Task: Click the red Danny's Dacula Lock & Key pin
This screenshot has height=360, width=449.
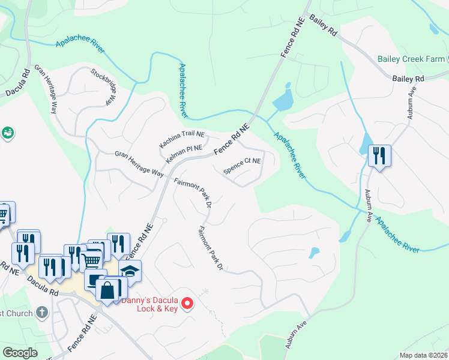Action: click(187, 304)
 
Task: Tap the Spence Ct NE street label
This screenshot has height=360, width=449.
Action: click(243, 166)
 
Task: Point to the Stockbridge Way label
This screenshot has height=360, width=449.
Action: click(103, 87)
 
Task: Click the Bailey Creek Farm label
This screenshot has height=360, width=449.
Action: click(411, 59)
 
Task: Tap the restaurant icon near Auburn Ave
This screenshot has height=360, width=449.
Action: click(379, 156)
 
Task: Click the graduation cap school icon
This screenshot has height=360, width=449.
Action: click(130, 271)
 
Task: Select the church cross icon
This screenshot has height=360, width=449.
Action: click(41, 312)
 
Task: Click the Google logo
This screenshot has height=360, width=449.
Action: click(20, 353)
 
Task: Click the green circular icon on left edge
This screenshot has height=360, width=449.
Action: click(8, 132)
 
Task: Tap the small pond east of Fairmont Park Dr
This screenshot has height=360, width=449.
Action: click(314, 253)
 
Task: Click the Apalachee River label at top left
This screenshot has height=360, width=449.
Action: click(80, 43)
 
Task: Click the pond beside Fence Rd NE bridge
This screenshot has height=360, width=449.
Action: click(283, 99)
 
